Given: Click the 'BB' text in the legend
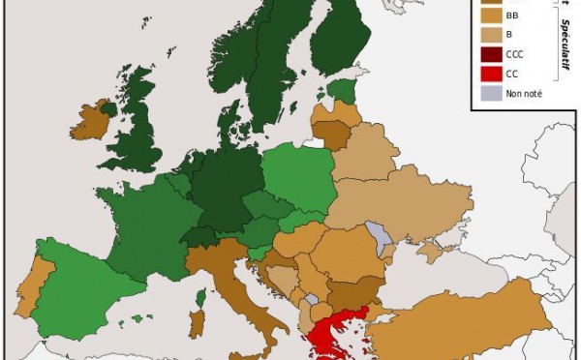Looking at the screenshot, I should coord(512,16).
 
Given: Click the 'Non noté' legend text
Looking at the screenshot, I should coord(523,93).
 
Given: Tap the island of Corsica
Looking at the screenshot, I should coord(202,296).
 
